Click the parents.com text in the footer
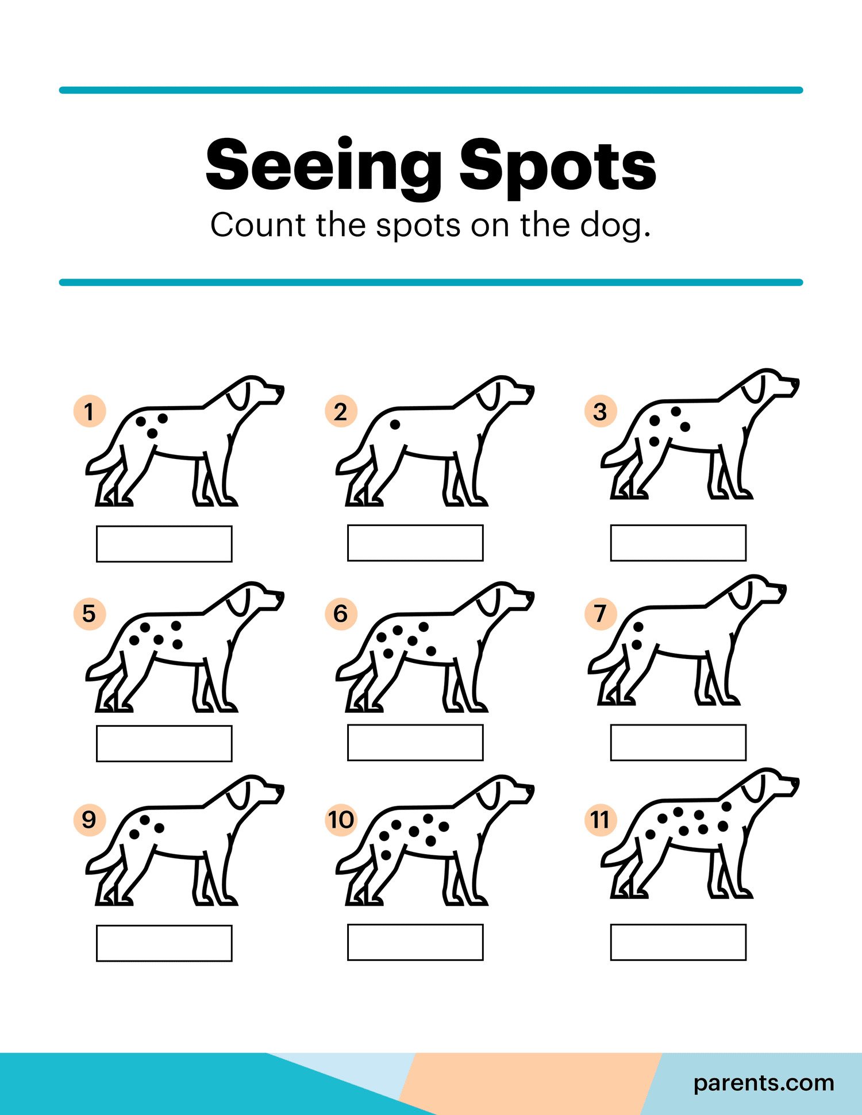click(763, 1082)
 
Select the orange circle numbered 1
click(90, 411)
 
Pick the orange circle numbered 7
click(601, 614)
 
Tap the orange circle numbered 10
click(341, 820)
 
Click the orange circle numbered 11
click(601, 820)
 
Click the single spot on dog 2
click(395, 425)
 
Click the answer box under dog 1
click(164, 543)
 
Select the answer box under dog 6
click(415, 743)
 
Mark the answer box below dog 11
click(678, 942)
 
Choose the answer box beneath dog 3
click(678, 543)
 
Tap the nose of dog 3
click(795, 381)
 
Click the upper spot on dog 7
click(638, 627)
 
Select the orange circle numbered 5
click(90, 614)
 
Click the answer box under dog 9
click(164, 943)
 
